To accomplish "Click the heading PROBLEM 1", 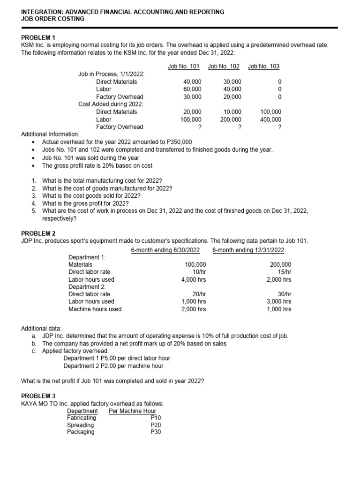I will click(38, 37).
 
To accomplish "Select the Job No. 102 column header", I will click(224, 67).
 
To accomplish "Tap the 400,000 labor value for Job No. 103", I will click(271, 119).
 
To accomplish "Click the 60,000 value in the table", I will click(192, 89).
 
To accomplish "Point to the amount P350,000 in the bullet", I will click(175, 142).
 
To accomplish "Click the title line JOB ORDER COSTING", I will click(53, 19).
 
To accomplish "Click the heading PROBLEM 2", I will click(38, 233).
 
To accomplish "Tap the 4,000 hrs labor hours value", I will click(194, 279).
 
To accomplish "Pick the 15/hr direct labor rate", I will click(283, 272).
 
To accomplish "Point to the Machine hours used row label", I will click(95, 309).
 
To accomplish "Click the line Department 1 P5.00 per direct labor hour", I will click(117, 358).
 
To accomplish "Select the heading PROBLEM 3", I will click(38, 396).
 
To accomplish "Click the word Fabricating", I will click(82, 418).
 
